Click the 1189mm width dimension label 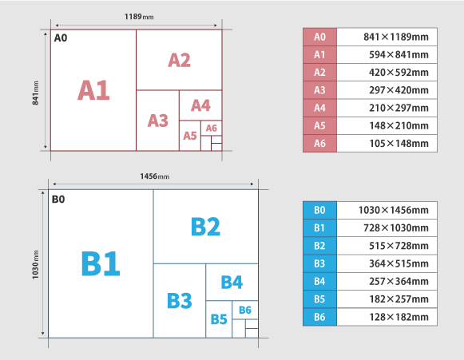coord(139,17)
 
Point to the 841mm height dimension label coord(35,93)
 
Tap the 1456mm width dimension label coord(154,176)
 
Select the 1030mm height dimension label coord(35,264)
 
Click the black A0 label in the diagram coord(61,38)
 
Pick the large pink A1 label coord(93,90)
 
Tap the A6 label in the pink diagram coord(212,128)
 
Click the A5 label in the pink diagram coord(190,136)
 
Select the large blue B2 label coord(206,227)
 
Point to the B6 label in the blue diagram coord(245,310)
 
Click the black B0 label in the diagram coord(58,200)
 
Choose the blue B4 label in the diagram coord(232,282)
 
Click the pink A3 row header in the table coord(320,90)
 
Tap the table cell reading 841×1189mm coord(387,37)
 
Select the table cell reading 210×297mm coord(387,108)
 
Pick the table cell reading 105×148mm coord(387,144)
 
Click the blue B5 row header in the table coord(319,299)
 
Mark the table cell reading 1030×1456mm coord(387,210)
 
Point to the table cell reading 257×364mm coord(387,281)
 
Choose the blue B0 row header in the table coord(319,210)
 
